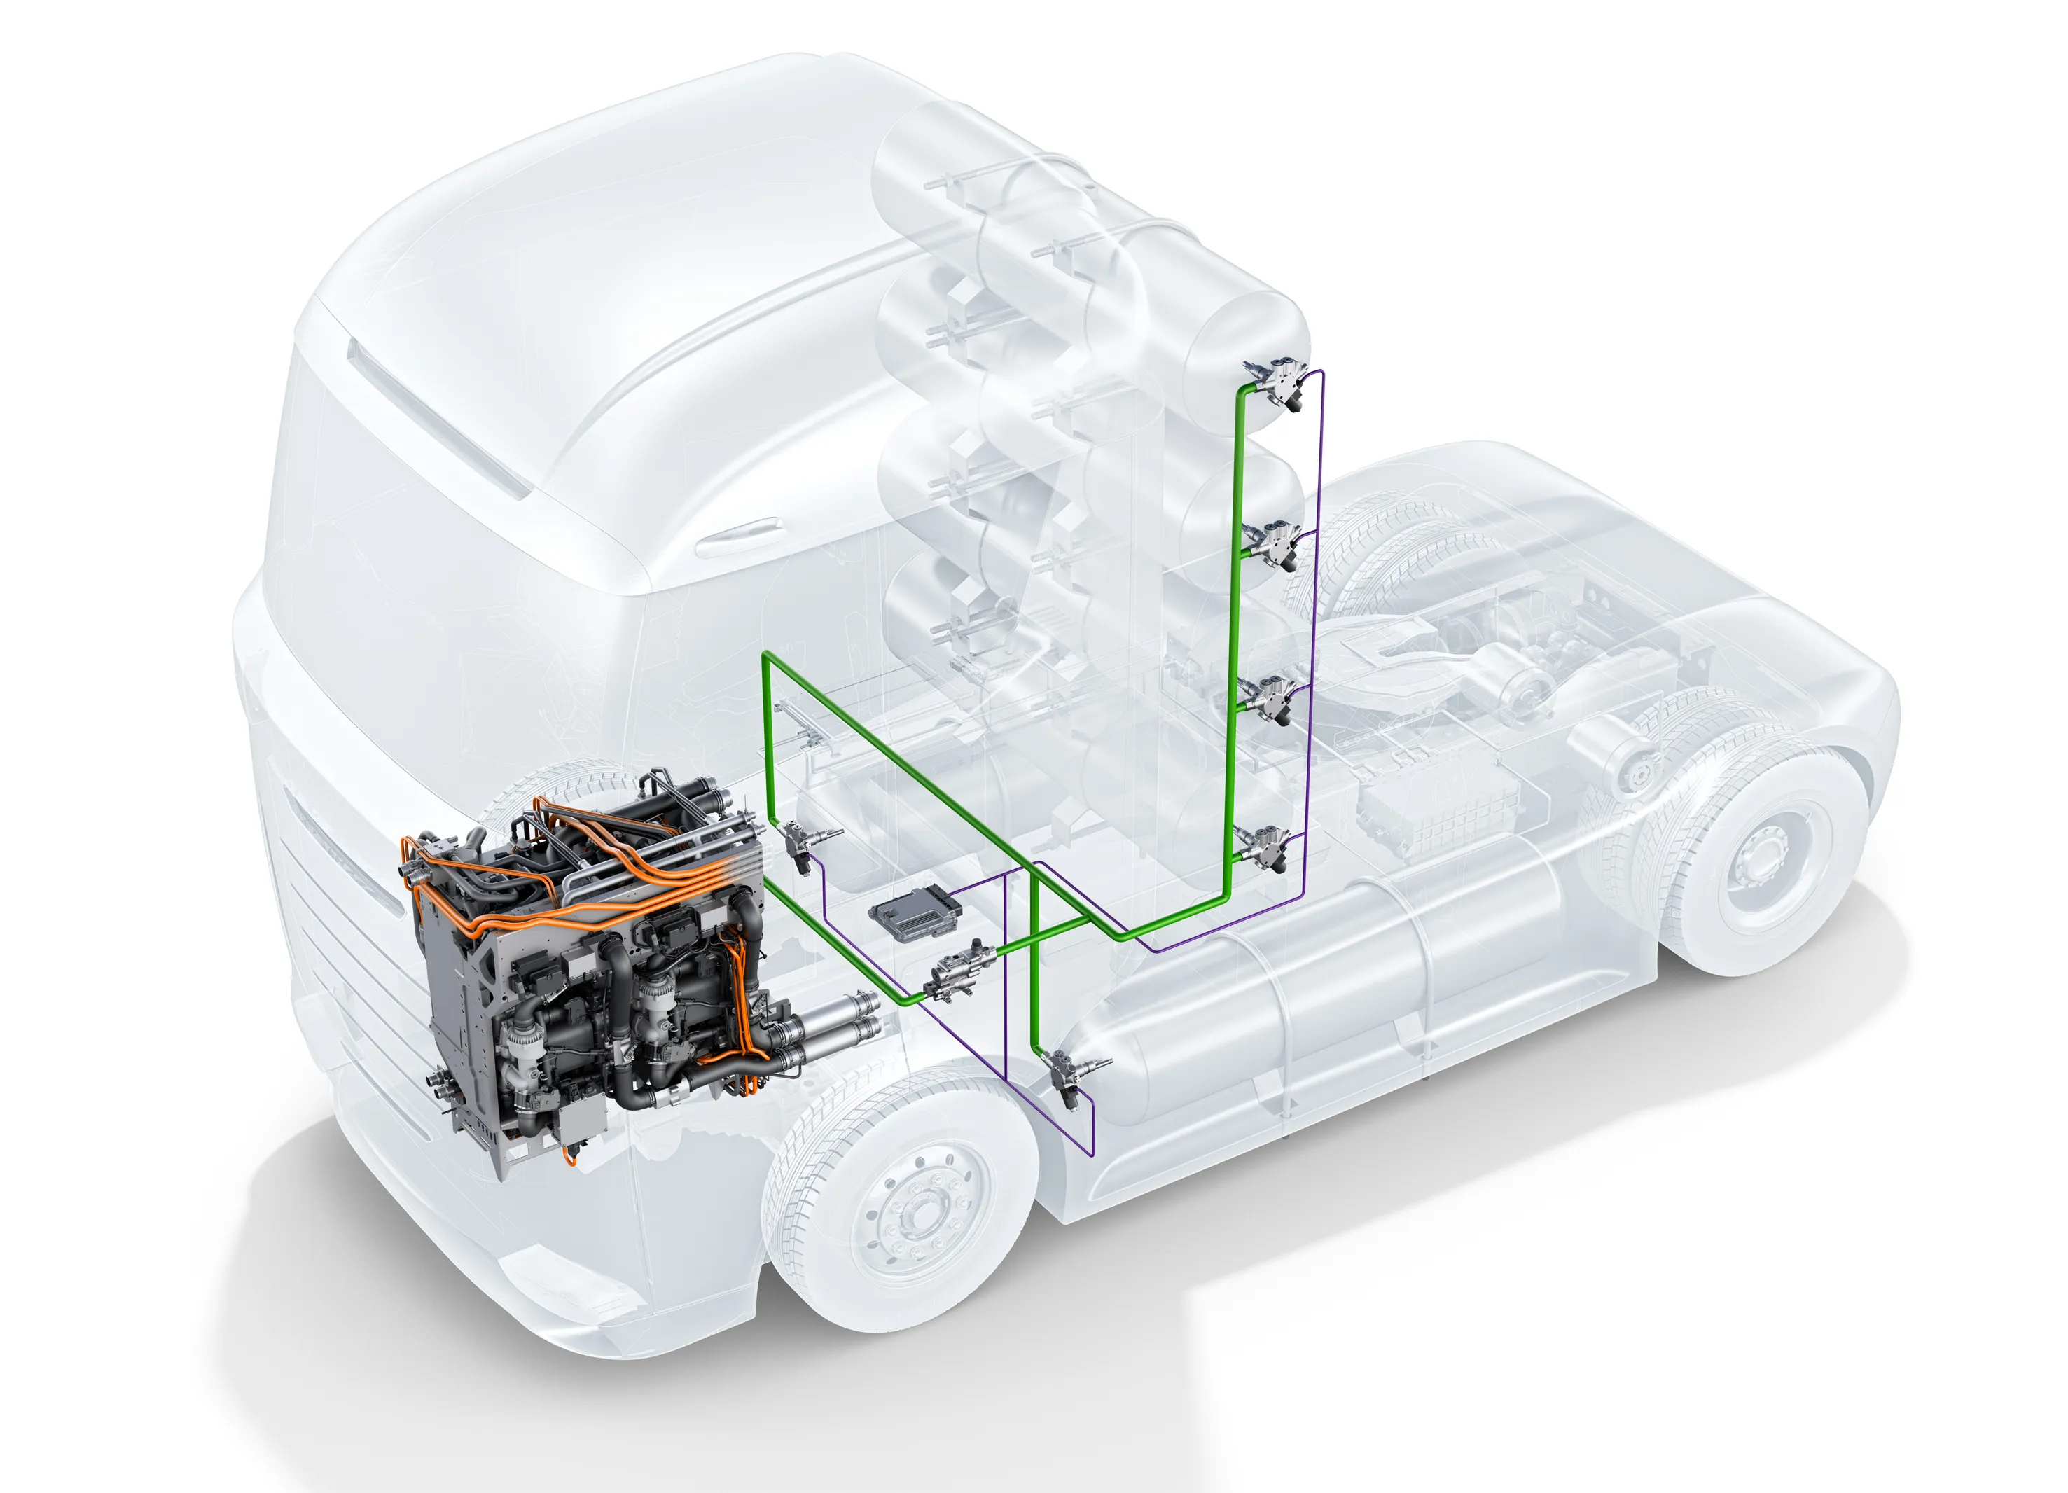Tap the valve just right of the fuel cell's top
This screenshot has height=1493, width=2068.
click(x=794, y=844)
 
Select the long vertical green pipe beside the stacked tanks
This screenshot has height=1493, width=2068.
click(x=1235, y=639)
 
